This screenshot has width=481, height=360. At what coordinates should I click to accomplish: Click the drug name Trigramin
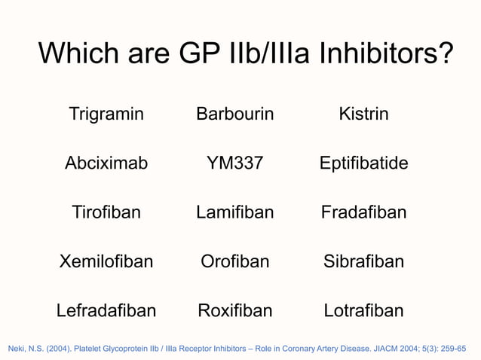106,114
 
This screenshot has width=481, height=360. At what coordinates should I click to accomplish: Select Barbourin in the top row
234,114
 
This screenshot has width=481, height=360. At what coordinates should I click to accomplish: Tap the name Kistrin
363,114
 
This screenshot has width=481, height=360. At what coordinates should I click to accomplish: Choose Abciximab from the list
106,163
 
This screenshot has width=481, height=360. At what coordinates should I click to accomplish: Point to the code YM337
234,163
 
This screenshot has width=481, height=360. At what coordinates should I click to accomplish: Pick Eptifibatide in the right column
363,163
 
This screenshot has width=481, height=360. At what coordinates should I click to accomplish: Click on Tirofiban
106,212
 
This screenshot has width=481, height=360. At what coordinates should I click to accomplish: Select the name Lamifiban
234,212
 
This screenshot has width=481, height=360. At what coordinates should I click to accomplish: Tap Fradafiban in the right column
363,212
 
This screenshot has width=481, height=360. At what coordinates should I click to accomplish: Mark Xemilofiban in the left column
106,261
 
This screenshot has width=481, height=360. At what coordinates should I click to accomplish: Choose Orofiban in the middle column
234,261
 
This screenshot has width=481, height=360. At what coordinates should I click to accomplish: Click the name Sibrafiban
363,261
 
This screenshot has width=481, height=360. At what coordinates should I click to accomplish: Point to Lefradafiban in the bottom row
106,310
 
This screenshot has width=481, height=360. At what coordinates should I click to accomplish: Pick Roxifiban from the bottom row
234,310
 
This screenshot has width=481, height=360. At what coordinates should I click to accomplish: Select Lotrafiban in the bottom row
363,310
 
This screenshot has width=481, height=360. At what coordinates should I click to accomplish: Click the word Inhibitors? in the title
384,53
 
